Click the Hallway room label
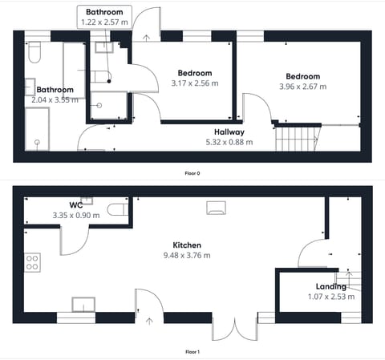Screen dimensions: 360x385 (x=229, y=131)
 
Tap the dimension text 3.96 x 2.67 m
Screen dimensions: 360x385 (x=299, y=87)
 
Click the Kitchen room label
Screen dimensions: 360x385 (x=186, y=245)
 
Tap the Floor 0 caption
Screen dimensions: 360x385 (x=192, y=172)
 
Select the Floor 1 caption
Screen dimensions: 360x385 (x=192, y=352)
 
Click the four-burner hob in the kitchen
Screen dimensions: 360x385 (x=33, y=263)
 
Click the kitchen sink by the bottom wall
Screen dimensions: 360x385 (x=83, y=304)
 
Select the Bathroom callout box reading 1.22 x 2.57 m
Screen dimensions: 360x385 (x=105, y=18)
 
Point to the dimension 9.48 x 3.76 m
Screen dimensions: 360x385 (x=186, y=256)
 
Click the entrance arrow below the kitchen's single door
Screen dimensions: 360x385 (x=150, y=322)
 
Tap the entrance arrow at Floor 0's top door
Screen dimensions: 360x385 (x=145, y=36)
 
